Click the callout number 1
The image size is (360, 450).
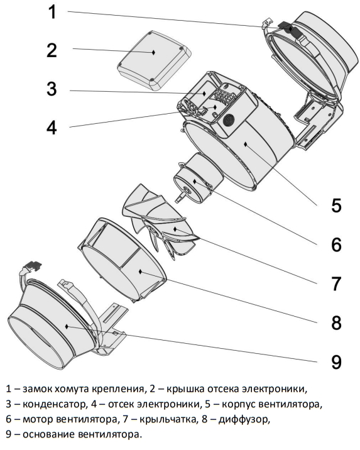(53, 13)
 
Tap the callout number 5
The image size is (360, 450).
(336, 205)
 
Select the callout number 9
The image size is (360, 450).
(336, 361)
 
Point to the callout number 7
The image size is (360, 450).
(336, 283)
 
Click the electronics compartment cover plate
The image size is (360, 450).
(154, 60)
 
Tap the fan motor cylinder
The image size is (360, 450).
(199, 179)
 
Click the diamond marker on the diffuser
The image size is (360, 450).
(140, 272)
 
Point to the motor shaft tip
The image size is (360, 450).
(178, 200)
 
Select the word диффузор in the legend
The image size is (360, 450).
(244, 419)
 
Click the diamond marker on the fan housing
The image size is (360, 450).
(246, 144)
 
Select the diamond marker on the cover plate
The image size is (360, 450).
(153, 52)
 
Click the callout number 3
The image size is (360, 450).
(52, 89)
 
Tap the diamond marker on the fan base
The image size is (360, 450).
(67, 326)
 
